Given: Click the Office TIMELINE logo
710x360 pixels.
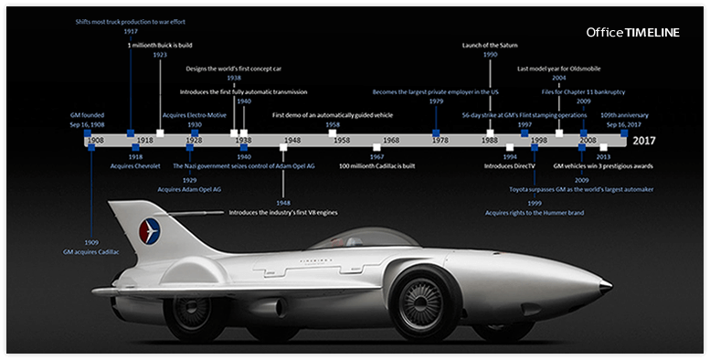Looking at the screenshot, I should (632, 32).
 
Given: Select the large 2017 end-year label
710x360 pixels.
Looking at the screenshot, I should (644, 141).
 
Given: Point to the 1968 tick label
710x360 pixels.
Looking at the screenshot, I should (391, 141).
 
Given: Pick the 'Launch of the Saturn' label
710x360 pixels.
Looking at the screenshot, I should (490, 45).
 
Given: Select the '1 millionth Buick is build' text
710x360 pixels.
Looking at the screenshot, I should (160, 45).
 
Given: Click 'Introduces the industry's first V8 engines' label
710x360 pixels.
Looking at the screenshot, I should (284, 212).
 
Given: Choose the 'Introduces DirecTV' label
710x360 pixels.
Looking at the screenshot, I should (510, 166).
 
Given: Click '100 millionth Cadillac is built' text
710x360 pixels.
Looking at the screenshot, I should (376, 166).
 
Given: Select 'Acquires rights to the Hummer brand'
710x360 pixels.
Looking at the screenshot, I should (535, 213).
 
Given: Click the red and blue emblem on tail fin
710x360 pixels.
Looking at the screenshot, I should (147, 230).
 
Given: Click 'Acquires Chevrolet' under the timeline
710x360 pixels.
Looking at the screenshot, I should (135, 166).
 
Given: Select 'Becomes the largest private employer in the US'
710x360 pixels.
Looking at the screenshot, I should (436, 91).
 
